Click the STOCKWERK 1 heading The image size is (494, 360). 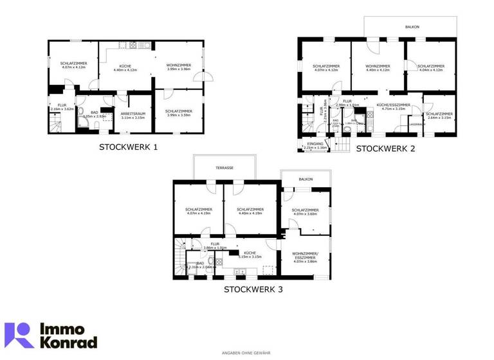pos(128,147)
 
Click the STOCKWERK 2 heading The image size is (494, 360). pos(385,148)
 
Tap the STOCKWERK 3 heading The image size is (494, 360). pos(253,289)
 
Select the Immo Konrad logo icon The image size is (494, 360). pos(19,336)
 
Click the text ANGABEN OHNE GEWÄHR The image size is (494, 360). pos(246,353)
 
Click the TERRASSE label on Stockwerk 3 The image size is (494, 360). pos(224,167)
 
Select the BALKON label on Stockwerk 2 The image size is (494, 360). pos(412,28)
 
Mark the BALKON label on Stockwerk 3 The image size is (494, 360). pos(306,179)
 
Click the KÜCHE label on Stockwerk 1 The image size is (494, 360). pos(125,66)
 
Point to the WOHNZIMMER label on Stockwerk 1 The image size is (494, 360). pos(178,66)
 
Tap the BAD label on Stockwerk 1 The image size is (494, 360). pos(94,113)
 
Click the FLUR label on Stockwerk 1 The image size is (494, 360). pos(62,105)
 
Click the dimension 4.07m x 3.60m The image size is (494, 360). pos(306,214)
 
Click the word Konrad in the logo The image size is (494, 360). pos(69,342)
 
